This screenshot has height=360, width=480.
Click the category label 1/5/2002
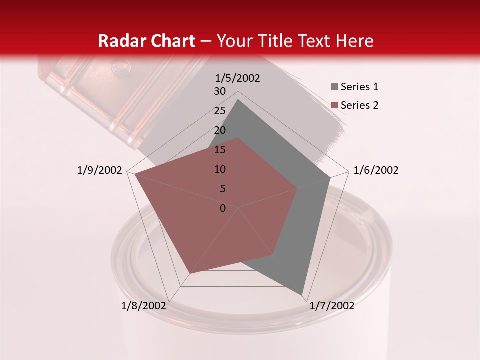pos(238,78)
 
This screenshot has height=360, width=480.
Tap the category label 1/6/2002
pos(376,170)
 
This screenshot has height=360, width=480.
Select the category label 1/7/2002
pos(332,306)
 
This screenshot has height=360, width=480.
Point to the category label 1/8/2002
pos(143,306)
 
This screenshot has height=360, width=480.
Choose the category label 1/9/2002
pos(100,170)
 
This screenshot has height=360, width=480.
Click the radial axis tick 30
pos(220,91)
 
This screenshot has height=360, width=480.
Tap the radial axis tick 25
pos(220,111)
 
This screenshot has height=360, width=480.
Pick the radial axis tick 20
pos(220,130)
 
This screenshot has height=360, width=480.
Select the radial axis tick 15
pos(220,150)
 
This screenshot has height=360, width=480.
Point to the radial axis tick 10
pos(220,169)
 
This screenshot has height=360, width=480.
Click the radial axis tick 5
pos(222,189)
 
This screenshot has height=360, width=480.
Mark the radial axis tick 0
pos(223,208)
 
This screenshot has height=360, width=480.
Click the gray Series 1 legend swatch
pos(334,87)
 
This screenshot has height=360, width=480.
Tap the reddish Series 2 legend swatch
pos(334,105)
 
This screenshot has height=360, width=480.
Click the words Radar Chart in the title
pos(146,41)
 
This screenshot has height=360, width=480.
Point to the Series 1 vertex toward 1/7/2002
pos(302,294)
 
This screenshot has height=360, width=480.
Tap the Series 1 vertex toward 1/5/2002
pos(238,99)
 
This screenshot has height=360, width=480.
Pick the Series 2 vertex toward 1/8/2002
pos(189,274)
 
